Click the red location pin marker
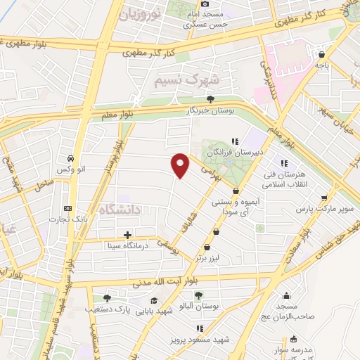(x=181, y=165)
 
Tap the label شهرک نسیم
(x=181, y=79)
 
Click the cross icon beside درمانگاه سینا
(x=127, y=235)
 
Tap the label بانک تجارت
(x=68, y=219)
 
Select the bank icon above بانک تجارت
(x=68, y=208)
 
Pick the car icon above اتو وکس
(x=70, y=158)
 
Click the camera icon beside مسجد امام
(x=205, y=4)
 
